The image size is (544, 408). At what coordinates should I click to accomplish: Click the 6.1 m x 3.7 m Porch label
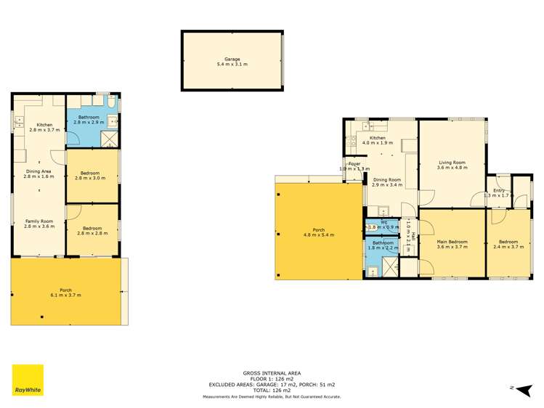click(66, 293)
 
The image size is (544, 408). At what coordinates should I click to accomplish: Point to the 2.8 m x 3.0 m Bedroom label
click(90, 175)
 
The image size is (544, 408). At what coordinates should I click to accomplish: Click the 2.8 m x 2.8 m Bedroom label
click(90, 232)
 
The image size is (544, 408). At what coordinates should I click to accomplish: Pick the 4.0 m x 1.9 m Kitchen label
click(378, 140)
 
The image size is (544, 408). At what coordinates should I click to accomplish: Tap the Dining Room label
click(386, 182)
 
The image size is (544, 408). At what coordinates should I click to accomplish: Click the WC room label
click(384, 224)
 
